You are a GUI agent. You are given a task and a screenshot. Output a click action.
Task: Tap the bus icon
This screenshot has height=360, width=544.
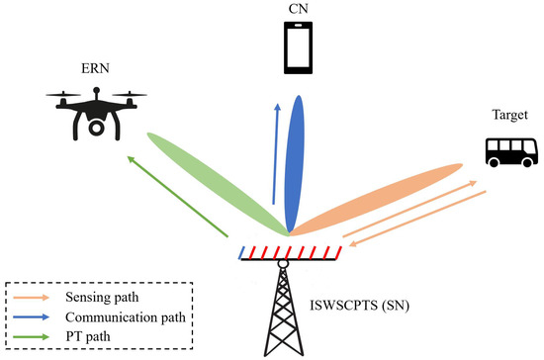tap(510, 151)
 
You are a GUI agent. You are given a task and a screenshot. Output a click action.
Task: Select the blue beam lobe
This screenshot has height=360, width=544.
tap(294, 163)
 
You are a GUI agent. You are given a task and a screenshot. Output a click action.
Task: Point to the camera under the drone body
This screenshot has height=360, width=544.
tap(95, 127)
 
